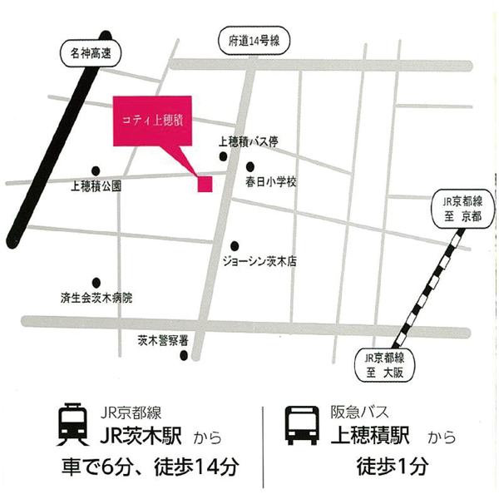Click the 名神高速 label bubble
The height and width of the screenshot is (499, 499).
click(91, 55)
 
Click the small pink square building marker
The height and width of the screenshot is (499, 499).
click(205, 184)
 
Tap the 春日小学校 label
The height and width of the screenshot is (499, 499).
click(270, 180)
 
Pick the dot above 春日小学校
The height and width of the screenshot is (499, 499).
click(249, 166)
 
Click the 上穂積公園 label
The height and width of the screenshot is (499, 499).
click(96, 187)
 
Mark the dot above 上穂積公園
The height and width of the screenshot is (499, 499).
click(96, 171)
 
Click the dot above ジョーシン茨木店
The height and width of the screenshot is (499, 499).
click(235, 245)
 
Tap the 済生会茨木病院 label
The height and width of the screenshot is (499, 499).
click(96, 297)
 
